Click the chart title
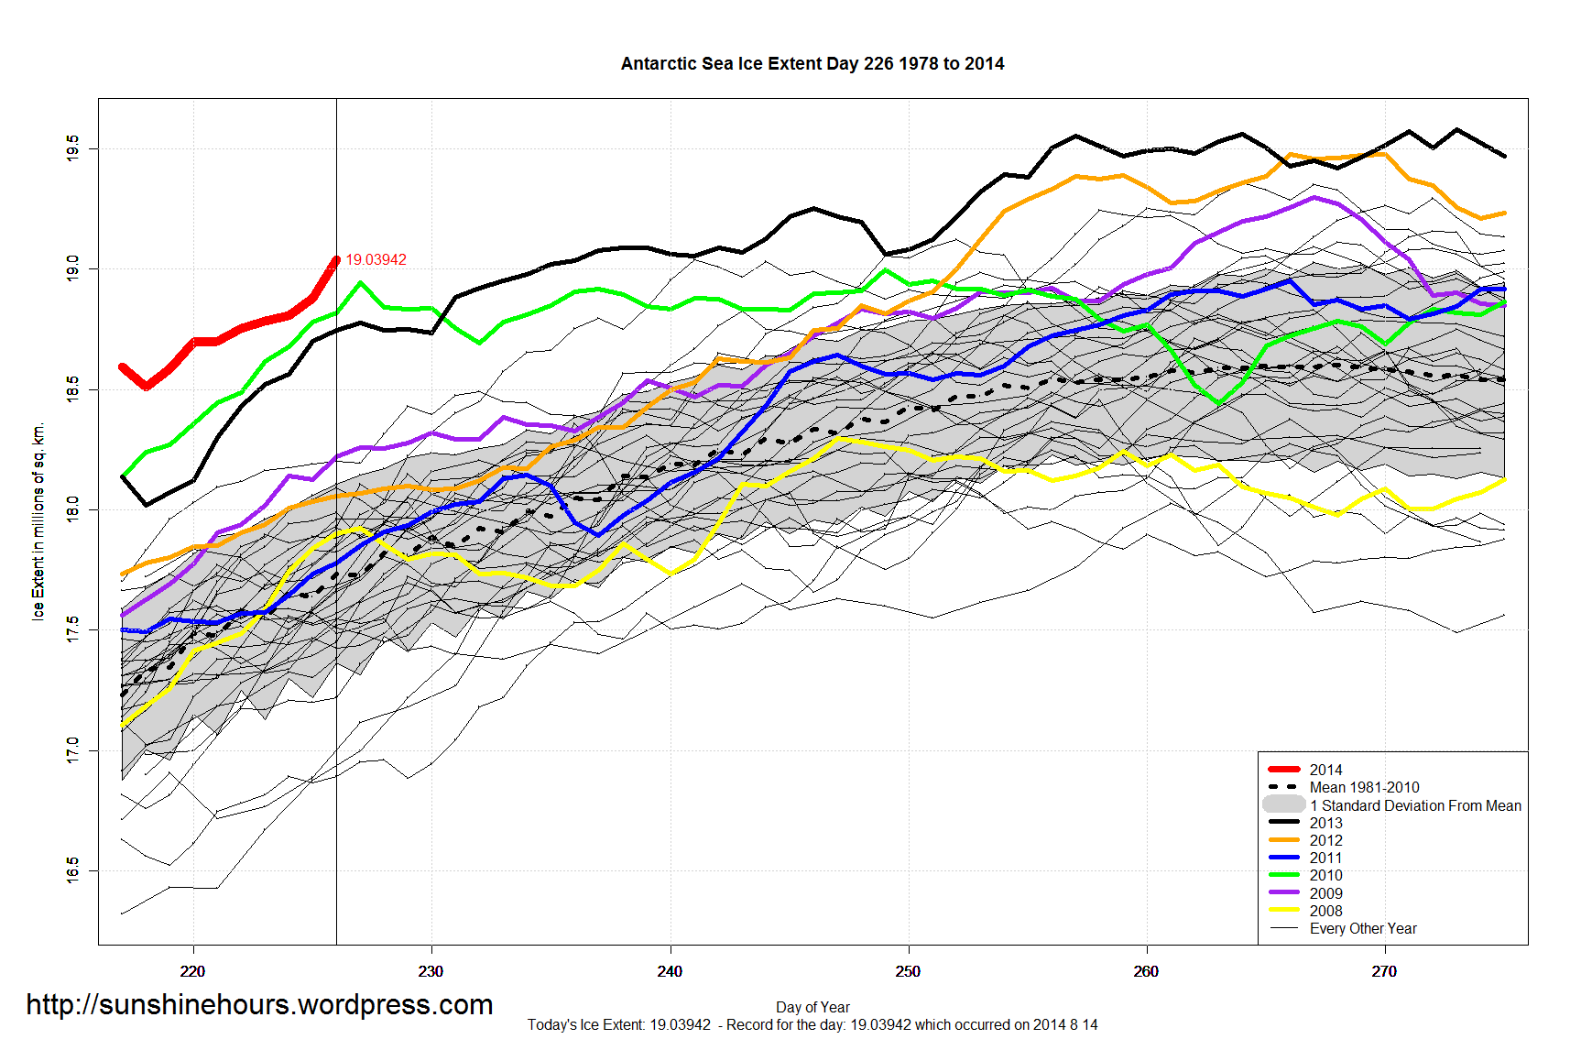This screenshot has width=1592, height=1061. coord(812,64)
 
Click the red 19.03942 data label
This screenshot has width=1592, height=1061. coord(376,260)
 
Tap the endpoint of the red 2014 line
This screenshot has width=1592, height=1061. coord(336,260)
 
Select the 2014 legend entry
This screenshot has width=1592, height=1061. coord(1325,770)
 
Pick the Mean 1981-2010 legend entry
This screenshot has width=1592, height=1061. coord(1364,787)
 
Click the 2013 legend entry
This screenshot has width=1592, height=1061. coord(1325,823)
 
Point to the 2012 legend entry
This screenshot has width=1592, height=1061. coord(1325,840)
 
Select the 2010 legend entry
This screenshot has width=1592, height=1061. coord(1325,875)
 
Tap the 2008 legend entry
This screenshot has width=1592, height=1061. coord(1325,911)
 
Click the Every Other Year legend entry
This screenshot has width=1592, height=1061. coord(1362,928)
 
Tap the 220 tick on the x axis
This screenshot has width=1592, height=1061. coord(192,971)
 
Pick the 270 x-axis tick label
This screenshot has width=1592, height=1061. coord(1384,971)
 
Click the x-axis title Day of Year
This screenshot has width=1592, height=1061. coord(812,1007)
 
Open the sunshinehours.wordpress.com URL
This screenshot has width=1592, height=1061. coord(259,1004)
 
